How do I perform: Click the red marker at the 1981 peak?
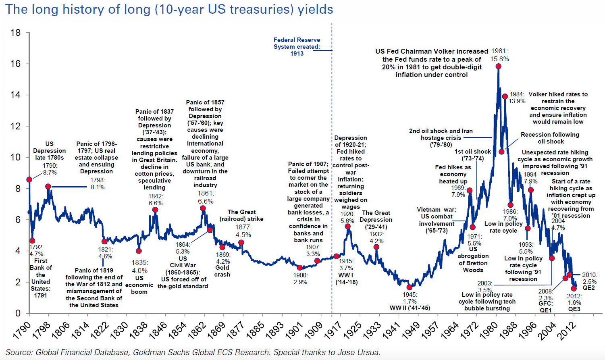pos(498,66)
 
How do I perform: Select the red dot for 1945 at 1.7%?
pos(410,287)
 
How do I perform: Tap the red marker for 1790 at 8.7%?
pos(29,179)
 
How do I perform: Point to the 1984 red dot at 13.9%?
pos(505,96)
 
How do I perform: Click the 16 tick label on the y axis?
pos(15,64)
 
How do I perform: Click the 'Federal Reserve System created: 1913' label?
pos(297,46)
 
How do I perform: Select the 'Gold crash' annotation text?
pos(222,271)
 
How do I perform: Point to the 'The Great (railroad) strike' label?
pos(241,215)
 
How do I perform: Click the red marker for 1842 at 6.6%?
pos(155,210)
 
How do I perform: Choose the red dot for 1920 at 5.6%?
pos(347,227)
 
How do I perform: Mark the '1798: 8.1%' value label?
pos(98,183)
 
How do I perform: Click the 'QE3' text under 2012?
pos(574,309)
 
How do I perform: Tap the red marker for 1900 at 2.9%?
pos(299,268)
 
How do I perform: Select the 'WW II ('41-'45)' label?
pos(410,308)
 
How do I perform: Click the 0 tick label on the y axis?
pos(18,313)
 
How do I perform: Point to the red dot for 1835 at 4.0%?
pos(139,251)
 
